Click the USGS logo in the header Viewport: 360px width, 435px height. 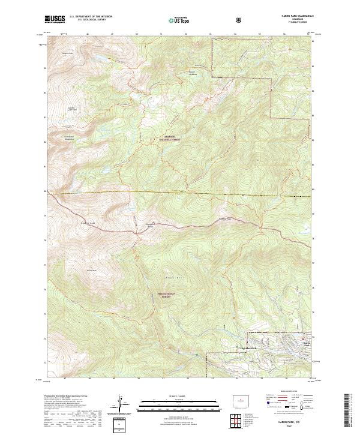[x=55, y=20]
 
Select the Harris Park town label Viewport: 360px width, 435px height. [x=307, y=344]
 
